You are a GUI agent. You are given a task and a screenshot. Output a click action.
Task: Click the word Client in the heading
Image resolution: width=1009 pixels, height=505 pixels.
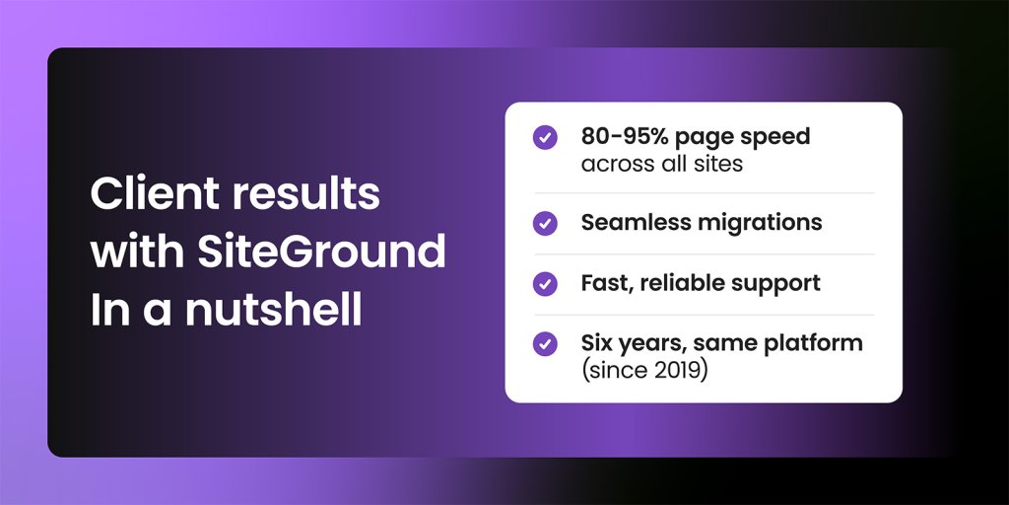click(x=148, y=193)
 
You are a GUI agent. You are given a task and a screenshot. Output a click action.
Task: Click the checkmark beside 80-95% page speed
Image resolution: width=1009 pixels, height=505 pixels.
click(x=545, y=137)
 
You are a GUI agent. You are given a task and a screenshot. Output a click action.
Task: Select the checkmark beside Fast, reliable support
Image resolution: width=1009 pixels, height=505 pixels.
click(x=545, y=284)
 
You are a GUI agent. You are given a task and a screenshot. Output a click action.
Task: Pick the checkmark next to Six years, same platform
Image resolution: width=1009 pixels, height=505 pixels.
click(x=545, y=344)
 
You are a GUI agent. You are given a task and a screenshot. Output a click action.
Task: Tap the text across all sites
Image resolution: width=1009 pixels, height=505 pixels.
click(x=661, y=163)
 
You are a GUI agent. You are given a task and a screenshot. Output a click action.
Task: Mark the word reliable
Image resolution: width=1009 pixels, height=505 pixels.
click(x=678, y=283)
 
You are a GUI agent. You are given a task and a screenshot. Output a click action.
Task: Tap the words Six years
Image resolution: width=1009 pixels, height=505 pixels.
click(x=631, y=344)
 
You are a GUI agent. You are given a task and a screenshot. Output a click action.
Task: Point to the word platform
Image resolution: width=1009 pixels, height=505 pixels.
click(x=817, y=344)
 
